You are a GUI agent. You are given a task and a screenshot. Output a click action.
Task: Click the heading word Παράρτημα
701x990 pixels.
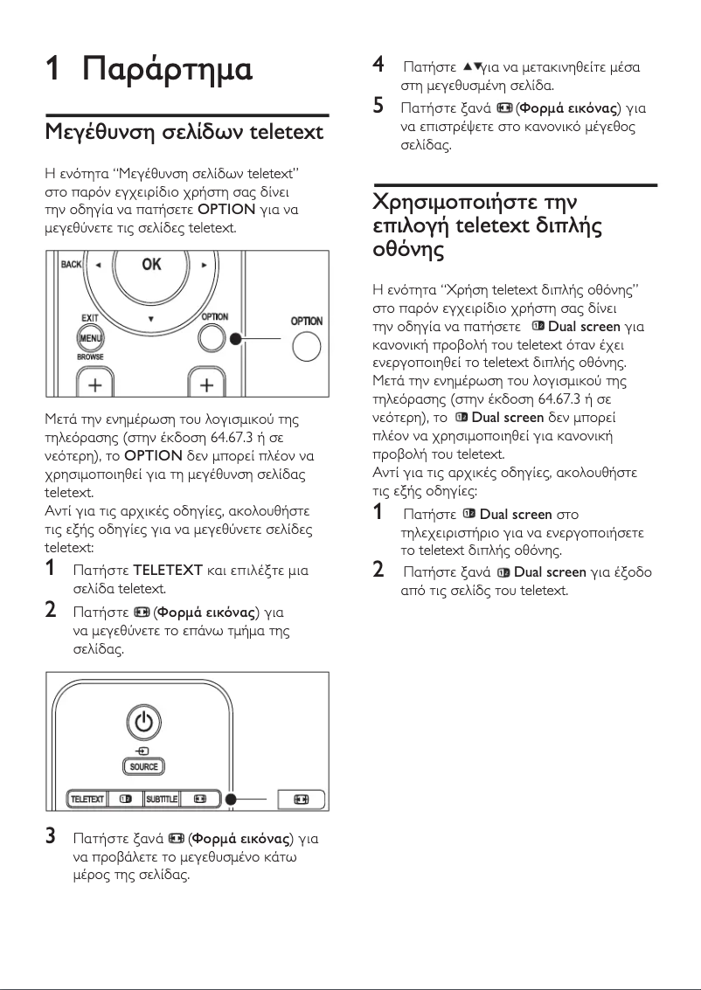coord(167,69)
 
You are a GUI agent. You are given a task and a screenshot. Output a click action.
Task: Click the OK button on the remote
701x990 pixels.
coord(151,265)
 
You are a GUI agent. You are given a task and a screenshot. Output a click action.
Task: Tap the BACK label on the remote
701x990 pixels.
coord(70,264)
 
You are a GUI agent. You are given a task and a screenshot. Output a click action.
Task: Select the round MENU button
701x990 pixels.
coord(90,338)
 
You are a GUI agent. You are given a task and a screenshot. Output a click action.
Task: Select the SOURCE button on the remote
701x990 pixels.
coord(144,766)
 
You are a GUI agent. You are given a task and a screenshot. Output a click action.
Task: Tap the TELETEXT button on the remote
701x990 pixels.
coord(87,799)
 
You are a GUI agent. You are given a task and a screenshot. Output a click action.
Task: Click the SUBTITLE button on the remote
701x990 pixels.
coord(162,799)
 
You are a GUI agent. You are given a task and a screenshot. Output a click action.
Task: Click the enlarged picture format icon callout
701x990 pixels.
coord(302,799)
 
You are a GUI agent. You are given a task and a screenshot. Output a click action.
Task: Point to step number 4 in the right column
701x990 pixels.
coord(378,65)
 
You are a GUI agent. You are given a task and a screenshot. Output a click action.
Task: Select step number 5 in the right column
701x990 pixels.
coord(378,107)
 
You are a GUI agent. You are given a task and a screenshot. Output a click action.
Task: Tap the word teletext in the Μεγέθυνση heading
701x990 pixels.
coord(286,134)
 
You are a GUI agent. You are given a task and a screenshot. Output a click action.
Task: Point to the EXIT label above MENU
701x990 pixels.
coord(89,320)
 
